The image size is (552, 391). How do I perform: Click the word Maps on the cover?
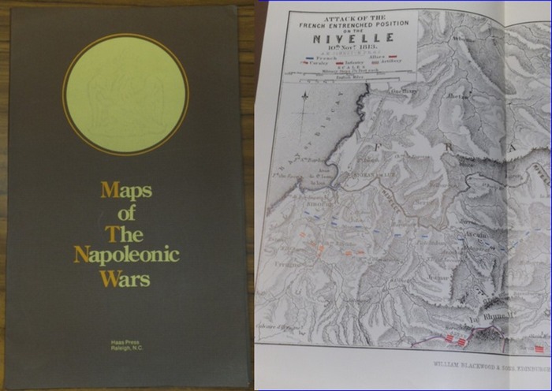click(126, 190)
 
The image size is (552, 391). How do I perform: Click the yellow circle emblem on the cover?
click(125, 95)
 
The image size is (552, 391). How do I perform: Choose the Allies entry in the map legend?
click(375, 57)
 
